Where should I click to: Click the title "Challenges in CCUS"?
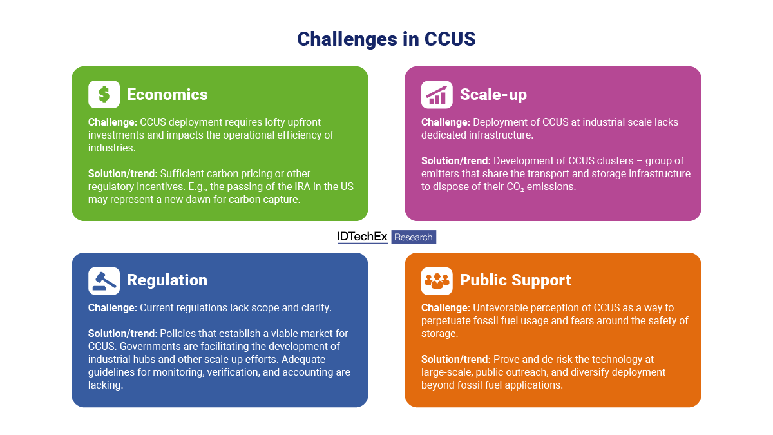pyautogui.click(x=386, y=39)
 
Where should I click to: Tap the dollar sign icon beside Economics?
pyautogui.click(x=104, y=95)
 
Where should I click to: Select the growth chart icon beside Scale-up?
pyautogui.click(x=437, y=95)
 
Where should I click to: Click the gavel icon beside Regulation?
pyautogui.click(x=104, y=280)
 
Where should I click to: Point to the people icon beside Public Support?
pyautogui.click(x=437, y=280)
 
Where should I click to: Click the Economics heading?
pyautogui.click(x=167, y=95)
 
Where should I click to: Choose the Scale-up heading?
pyautogui.click(x=493, y=95)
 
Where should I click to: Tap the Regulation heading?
pyautogui.click(x=167, y=280)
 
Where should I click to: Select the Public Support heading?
pyautogui.click(x=515, y=280)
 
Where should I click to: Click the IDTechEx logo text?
pyautogui.click(x=362, y=237)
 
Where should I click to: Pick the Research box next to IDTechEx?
pyautogui.click(x=414, y=237)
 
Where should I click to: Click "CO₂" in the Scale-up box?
pyautogui.click(x=508, y=187)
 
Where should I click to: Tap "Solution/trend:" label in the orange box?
pyautogui.click(x=455, y=359)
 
